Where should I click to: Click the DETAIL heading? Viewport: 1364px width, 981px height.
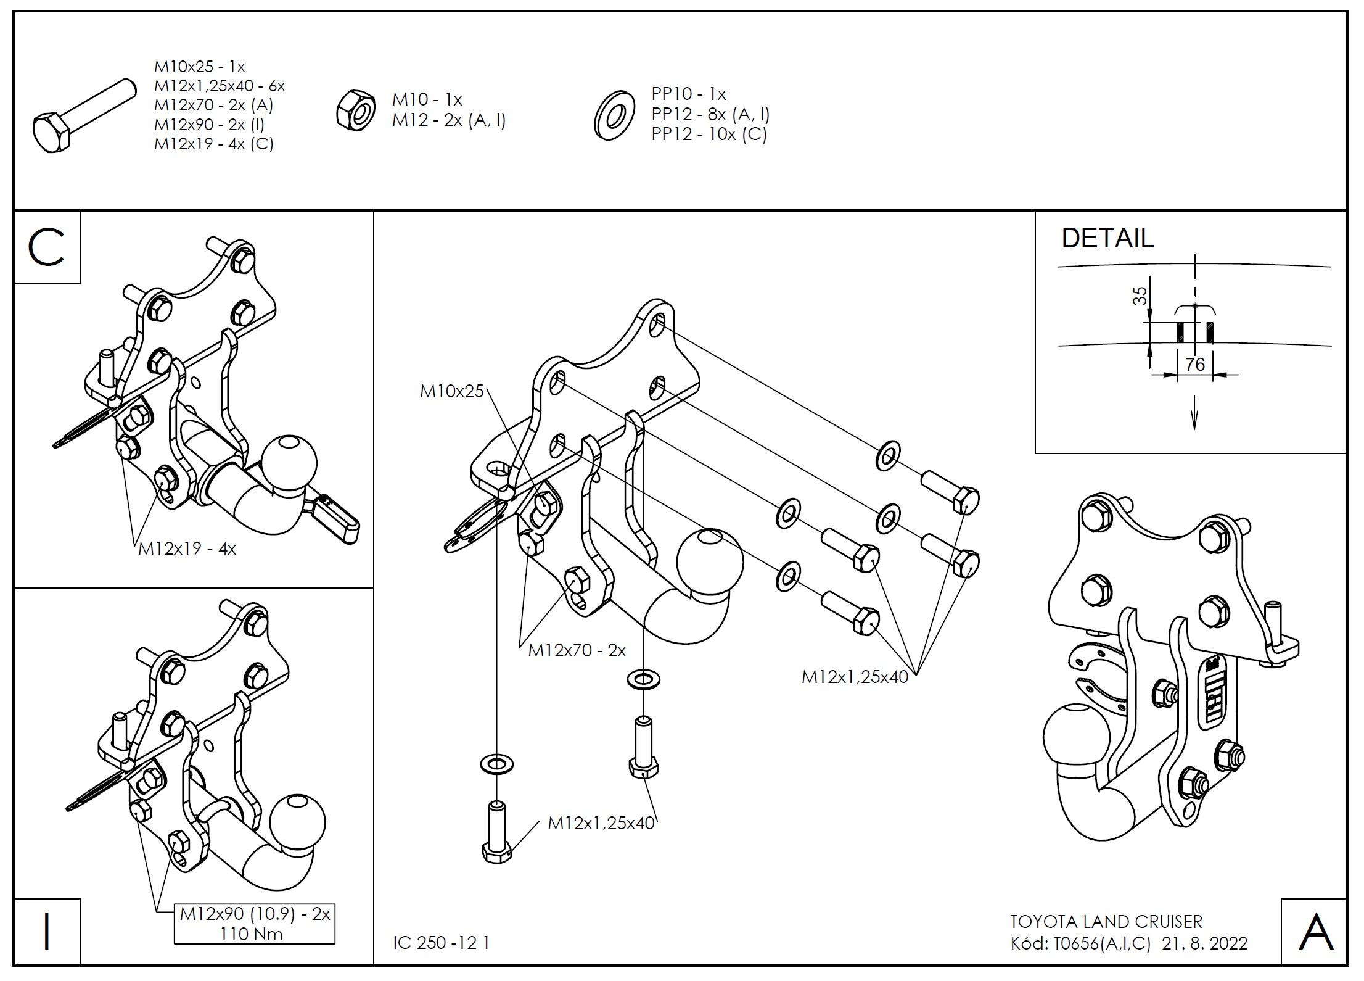pyautogui.click(x=1107, y=238)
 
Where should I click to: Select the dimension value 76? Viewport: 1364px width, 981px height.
pyautogui.click(x=1194, y=365)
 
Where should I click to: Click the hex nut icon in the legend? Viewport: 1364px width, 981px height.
pyautogui.click(x=356, y=110)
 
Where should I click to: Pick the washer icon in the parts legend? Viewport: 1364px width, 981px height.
pyautogui.click(x=614, y=115)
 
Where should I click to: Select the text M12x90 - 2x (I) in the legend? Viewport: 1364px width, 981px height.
pyautogui.click(x=209, y=124)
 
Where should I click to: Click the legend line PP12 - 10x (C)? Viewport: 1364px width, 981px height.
pyautogui.click(x=709, y=134)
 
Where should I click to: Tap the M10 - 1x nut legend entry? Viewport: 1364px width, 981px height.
pyautogui.click(x=427, y=99)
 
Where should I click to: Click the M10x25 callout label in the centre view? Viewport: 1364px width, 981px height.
pyautogui.click(x=451, y=391)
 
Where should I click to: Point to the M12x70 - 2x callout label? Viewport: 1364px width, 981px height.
pyautogui.click(x=577, y=650)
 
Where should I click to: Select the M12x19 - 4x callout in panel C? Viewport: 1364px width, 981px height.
pyautogui.click(x=187, y=548)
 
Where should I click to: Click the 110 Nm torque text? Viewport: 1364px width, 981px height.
pyautogui.click(x=252, y=934)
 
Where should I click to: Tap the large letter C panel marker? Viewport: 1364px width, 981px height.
pyautogui.click(x=46, y=247)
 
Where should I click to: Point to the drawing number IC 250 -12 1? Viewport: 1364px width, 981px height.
pyautogui.click(x=441, y=943)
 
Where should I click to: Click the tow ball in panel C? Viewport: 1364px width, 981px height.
pyautogui.click(x=289, y=462)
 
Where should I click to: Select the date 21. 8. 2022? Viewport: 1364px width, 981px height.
pyautogui.click(x=1204, y=943)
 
